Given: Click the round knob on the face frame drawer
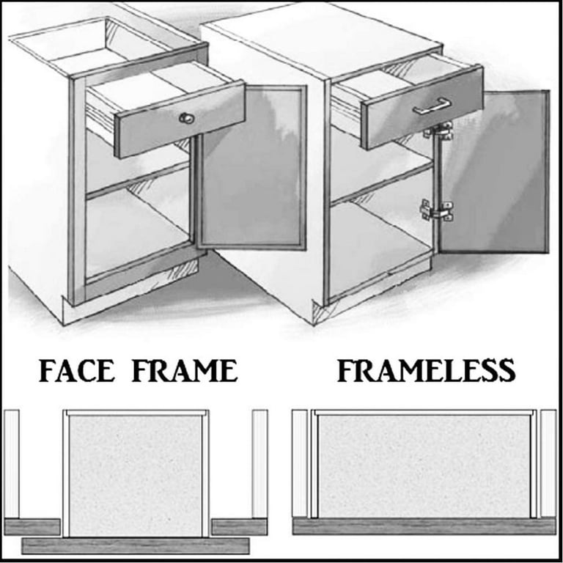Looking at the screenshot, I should (x=184, y=117).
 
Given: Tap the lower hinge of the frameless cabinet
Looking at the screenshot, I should (x=437, y=210).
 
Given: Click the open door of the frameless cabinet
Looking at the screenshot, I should (x=495, y=172).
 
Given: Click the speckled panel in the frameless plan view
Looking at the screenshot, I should (x=422, y=466).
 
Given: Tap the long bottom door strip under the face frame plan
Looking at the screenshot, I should (x=136, y=545).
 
